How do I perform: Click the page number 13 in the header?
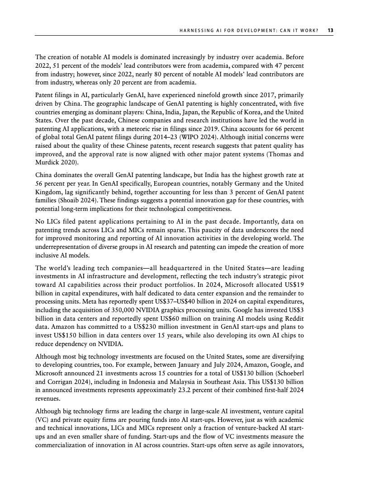coord(331,30)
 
